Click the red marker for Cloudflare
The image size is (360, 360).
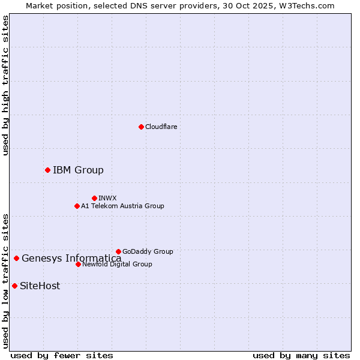[x=141, y=127]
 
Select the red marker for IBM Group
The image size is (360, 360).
[x=47, y=170]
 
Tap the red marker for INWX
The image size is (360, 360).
[x=94, y=198]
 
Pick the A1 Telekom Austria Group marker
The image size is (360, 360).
[x=77, y=206]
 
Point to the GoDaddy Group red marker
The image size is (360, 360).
[x=118, y=251]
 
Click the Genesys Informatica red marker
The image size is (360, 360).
[x=16, y=259]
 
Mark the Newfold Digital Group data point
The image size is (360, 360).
[x=78, y=264]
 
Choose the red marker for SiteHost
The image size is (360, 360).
[x=14, y=286]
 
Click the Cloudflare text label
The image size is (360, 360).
[x=161, y=127]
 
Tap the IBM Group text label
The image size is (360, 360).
[x=78, y=170]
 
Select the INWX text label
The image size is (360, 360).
[x=107, y=198]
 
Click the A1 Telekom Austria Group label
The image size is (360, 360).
[x=122, y=206]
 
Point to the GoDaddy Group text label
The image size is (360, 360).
[x=148, y=251]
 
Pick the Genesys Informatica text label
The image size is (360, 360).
[x=71, y=259]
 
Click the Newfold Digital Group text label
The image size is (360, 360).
[x=117, y=264]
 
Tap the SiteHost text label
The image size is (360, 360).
[x=40, y=286]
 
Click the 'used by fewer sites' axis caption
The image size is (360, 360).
[x=62, y=355]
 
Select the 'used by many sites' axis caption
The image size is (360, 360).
[x=301, y=355]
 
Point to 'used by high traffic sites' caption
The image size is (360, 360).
[x=5, y=85]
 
